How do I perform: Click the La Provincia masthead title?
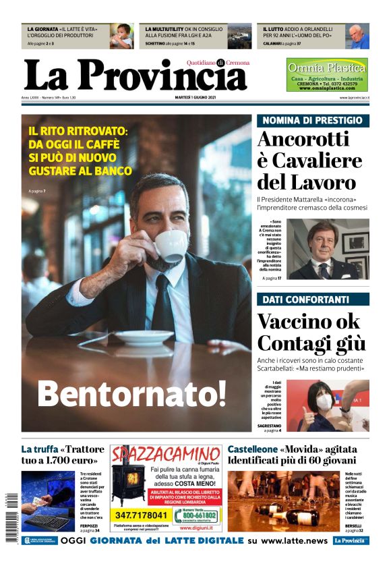135,76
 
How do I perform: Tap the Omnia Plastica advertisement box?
327,75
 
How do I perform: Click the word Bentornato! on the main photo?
131,392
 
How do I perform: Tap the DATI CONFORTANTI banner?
312,299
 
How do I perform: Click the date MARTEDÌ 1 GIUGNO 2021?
195,98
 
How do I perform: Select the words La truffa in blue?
39,449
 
